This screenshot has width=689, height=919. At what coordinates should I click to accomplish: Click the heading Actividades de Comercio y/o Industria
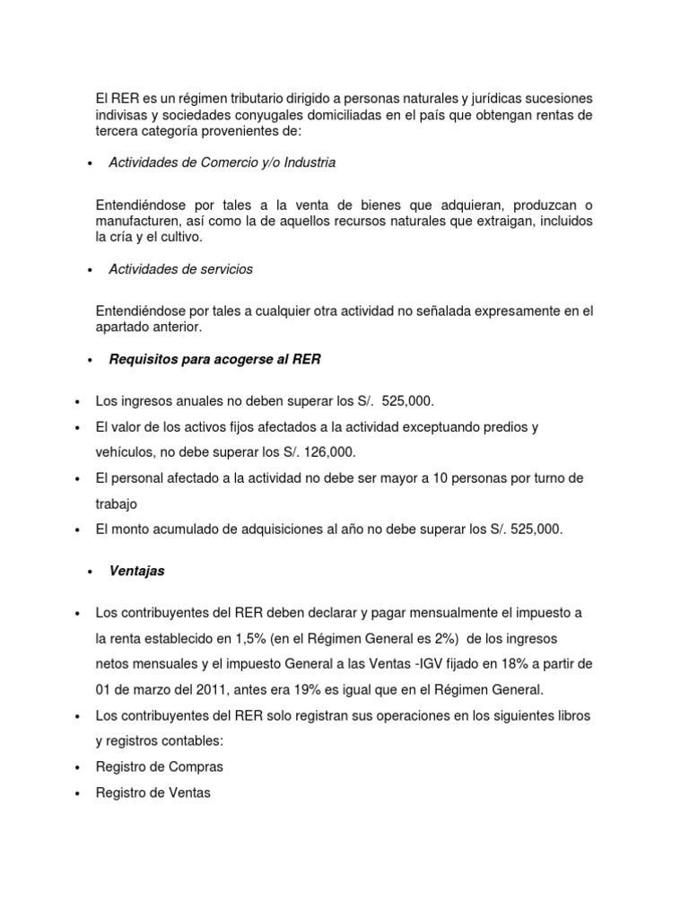click(x=222, y=162)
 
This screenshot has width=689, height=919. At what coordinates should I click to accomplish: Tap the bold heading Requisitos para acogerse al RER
click(x=214, y=359)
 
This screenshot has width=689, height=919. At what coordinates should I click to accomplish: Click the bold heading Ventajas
click(x=136, y=570)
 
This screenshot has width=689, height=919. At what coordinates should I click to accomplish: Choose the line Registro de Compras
click(x=159, y=741)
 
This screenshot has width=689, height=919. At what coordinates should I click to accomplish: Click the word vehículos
click(x=126, y=452)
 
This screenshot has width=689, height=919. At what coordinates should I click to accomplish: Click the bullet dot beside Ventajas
click(x=92, y=572)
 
